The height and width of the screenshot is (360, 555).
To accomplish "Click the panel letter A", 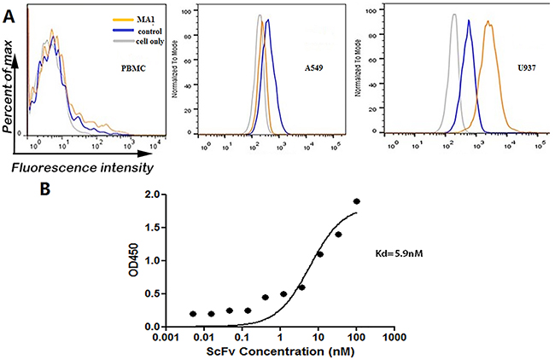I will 9,13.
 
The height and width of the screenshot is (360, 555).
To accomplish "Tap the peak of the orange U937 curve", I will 488,22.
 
